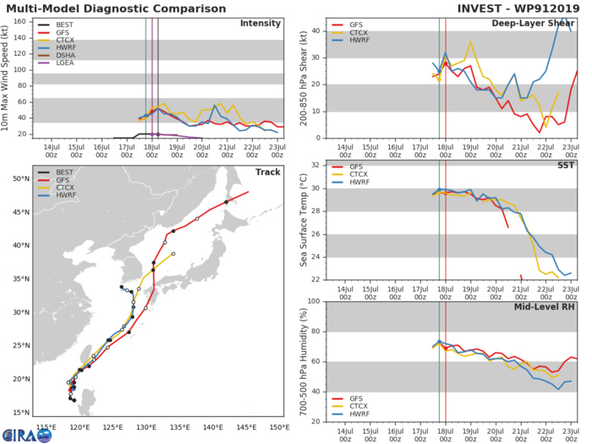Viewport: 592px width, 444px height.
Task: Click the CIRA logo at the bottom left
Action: [17, 433]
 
